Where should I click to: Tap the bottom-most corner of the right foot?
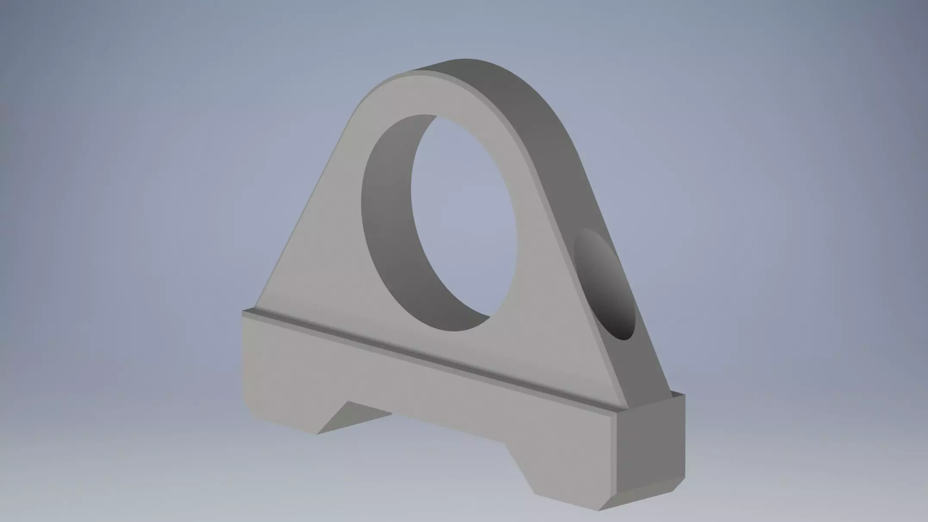click(599, 511)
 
